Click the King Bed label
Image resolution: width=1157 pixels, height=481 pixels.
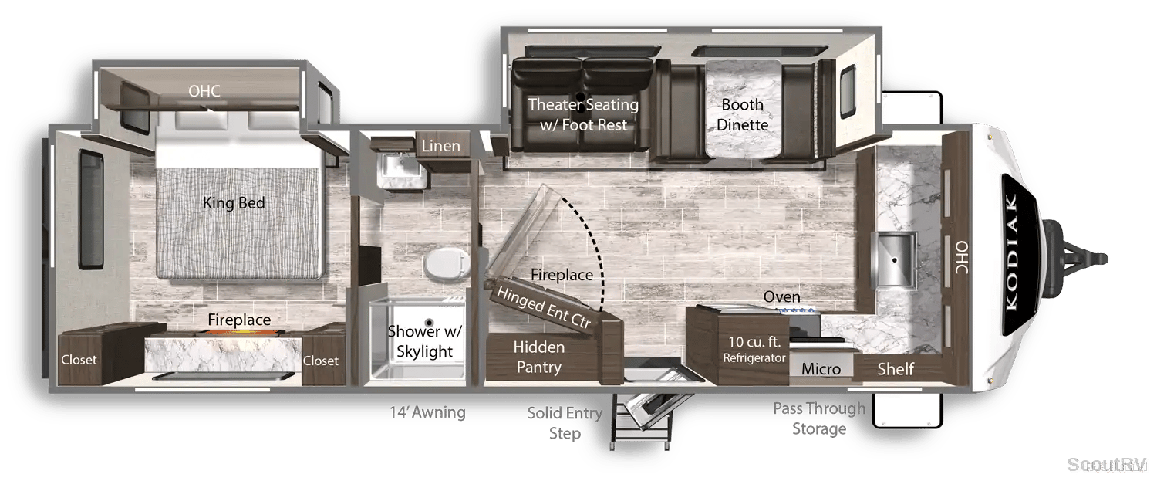coord(234,203)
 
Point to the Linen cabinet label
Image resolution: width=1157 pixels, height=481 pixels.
coord(440,146)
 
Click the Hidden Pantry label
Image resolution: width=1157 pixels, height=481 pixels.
coord(538,357)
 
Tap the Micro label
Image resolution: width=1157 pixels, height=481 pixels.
coord(821,369)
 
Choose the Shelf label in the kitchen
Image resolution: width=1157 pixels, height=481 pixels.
coord(895,369)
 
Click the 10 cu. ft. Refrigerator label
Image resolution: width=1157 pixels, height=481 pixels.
coord(754,350)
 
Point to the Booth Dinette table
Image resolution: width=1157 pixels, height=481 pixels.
coord(743,109)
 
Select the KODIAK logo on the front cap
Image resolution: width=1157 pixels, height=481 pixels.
coord(1012,252)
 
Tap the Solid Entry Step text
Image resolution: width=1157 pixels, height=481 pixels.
coord(565,423)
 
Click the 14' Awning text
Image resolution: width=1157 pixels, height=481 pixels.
coord(427,412)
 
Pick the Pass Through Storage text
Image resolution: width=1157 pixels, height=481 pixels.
coord(819,418)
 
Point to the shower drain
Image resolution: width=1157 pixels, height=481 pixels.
coord(429,323)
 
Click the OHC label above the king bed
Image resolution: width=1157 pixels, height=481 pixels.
coord(204,91)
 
